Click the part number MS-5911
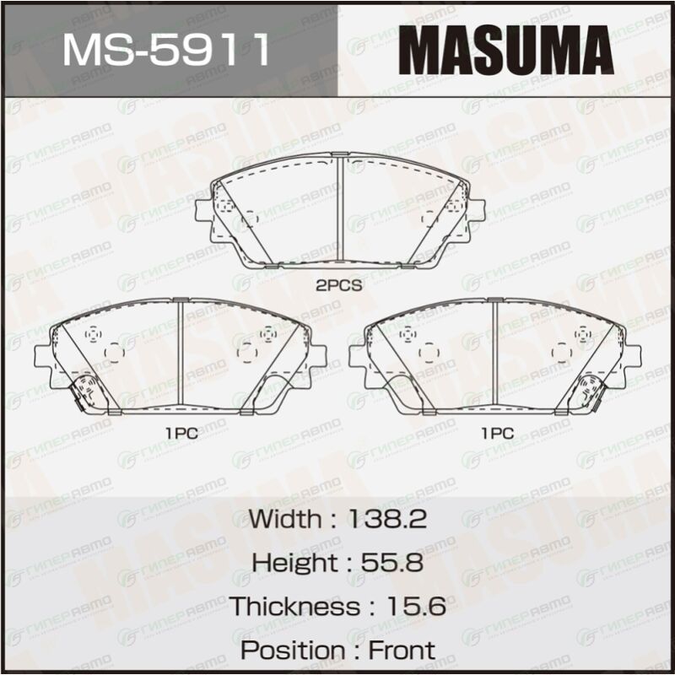tap(166, 50)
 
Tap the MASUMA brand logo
tap(505, 50)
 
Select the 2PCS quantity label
tap(339, 285)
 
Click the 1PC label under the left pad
tap(181, 433)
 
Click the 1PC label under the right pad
tap(497, 433)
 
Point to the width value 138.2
tap(387, 519)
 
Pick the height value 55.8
tap(391, 562)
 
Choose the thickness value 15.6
tap(416, 606)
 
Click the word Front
tap(402, 650)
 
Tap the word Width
tap(284, 519)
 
